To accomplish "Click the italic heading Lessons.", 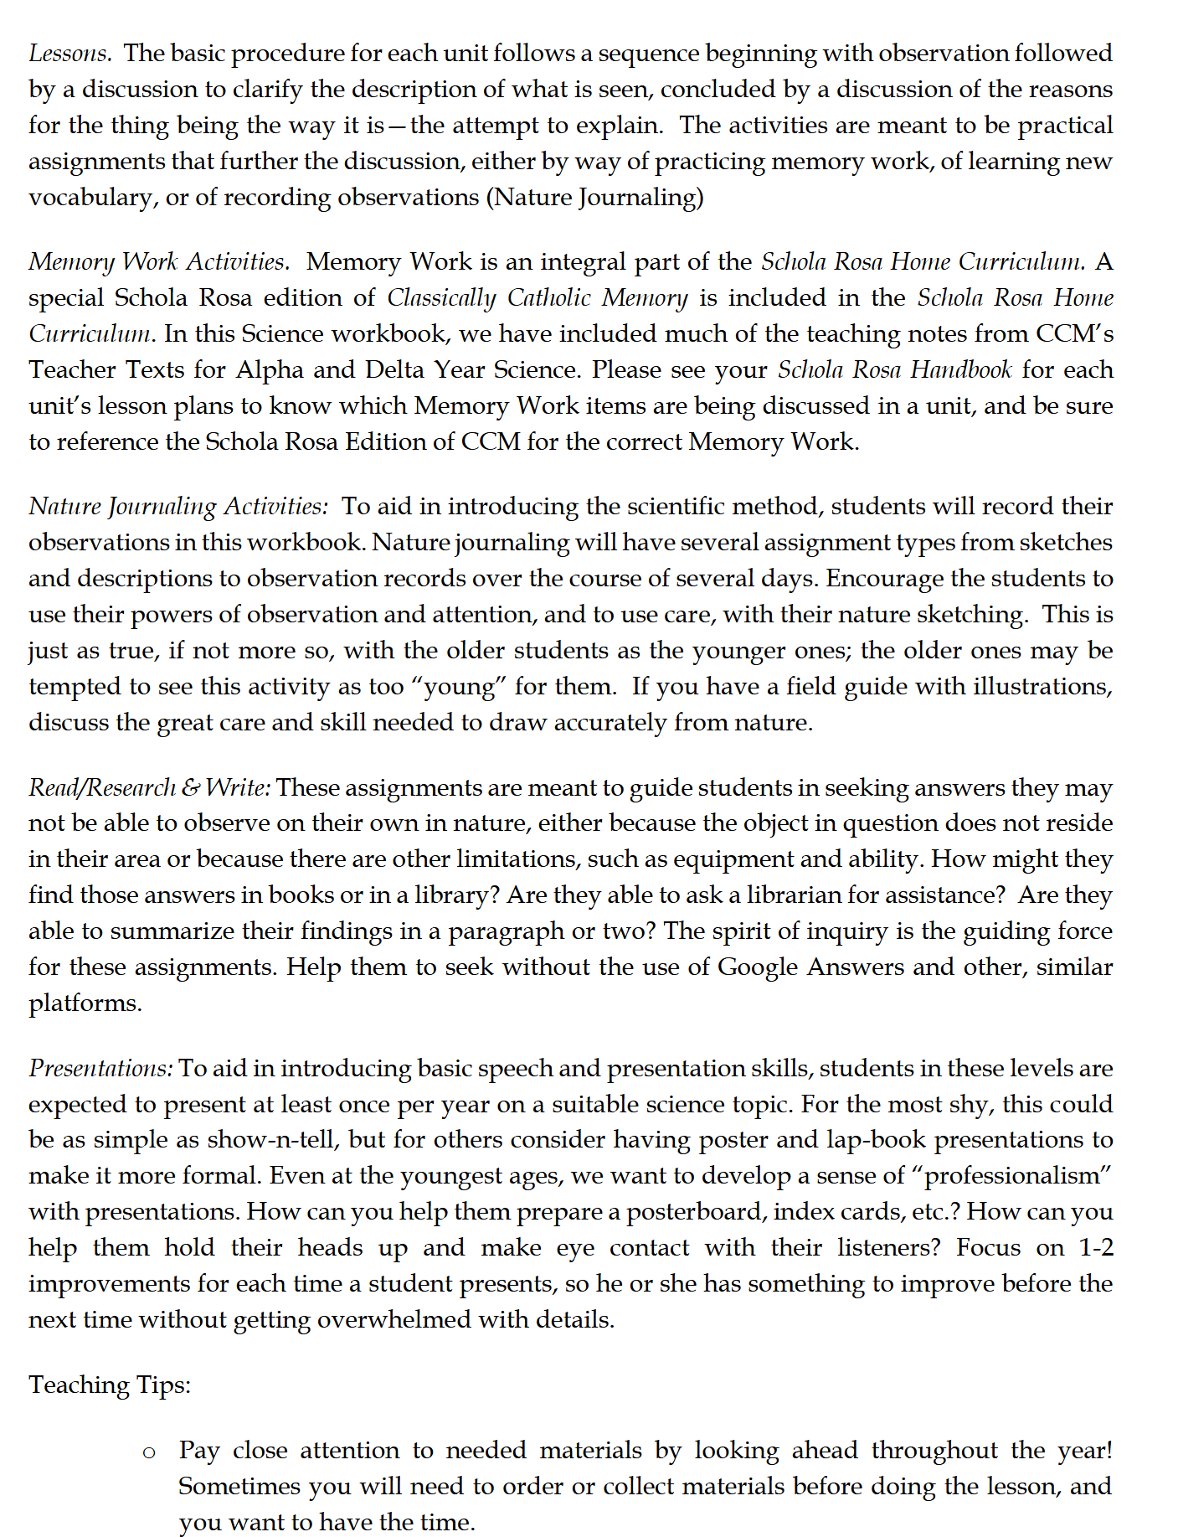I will pyautogui.click(x=69, y=54).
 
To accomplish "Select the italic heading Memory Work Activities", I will pyautogui.click(x=159, y=262).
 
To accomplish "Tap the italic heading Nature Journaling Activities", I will pyautogui.click(x=178, y=507).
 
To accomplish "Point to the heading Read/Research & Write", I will pyautogui.click(x=149, y=788).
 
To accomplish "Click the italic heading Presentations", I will pyautogui.click(x=100, y=1069).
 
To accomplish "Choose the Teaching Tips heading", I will pyautogui.click(x=110, y=1385).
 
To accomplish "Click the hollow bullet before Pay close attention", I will pyautogui.click(x=149, y=1452).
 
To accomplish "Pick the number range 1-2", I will pyautogui.click(x=1096, y=1248).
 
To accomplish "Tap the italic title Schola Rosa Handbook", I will pyautogui.click(x=894, y=370).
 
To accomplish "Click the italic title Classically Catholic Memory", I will pyautogui.click(x=537, y=298).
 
